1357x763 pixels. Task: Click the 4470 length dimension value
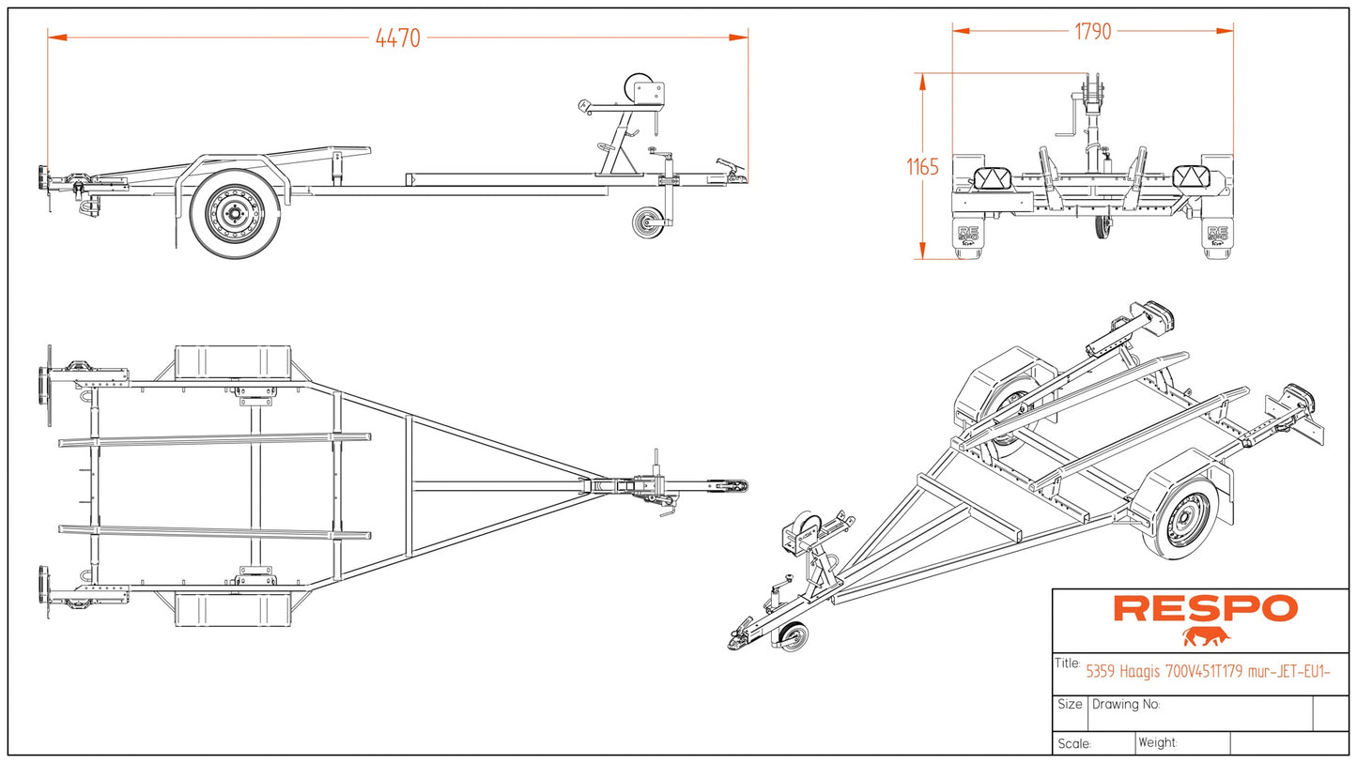pos(397,38)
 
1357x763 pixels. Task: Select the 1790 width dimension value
pos(1092,32)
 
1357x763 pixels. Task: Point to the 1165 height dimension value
pos(922,167)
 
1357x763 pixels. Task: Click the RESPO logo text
pos(1205,608)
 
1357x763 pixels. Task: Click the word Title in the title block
pos(1068,664)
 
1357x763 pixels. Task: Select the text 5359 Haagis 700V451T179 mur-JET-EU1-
pos(1208,671)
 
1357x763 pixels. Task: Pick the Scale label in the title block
pos(1073,743)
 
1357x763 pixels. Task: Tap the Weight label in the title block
pos(1157,742)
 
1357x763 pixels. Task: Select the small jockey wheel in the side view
pos(646,223)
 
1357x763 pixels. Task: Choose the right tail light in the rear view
pos(1193,178)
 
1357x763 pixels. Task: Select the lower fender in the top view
pos(232,608)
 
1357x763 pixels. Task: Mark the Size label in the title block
pos(1070,704)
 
